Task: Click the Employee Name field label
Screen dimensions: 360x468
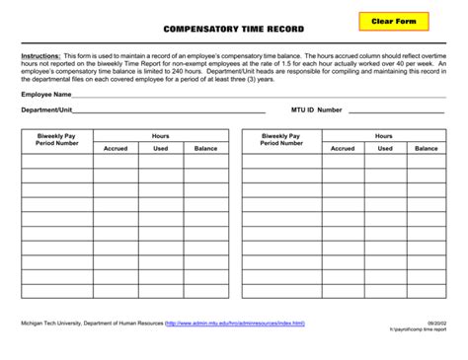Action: (x=45, y=94)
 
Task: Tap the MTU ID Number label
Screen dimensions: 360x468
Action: (x=317, y=109)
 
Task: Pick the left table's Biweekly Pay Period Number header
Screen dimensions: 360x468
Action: (x=57, y=139)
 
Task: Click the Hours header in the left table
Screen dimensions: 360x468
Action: (x=161, y=135)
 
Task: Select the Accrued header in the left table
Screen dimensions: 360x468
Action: (x=117, y=148)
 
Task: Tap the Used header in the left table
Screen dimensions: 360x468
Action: (x=161, y=148)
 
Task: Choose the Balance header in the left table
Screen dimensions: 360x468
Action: (x=205, y=148)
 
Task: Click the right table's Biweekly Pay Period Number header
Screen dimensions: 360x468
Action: (x=281, y=139)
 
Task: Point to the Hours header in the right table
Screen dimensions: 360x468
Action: (x=384, y=135)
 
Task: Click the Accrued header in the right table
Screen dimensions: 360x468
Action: (x=343, y=148)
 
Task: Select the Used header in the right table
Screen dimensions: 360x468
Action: (x=385, y=148)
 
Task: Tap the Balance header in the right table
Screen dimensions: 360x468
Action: (x=427, y=148)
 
